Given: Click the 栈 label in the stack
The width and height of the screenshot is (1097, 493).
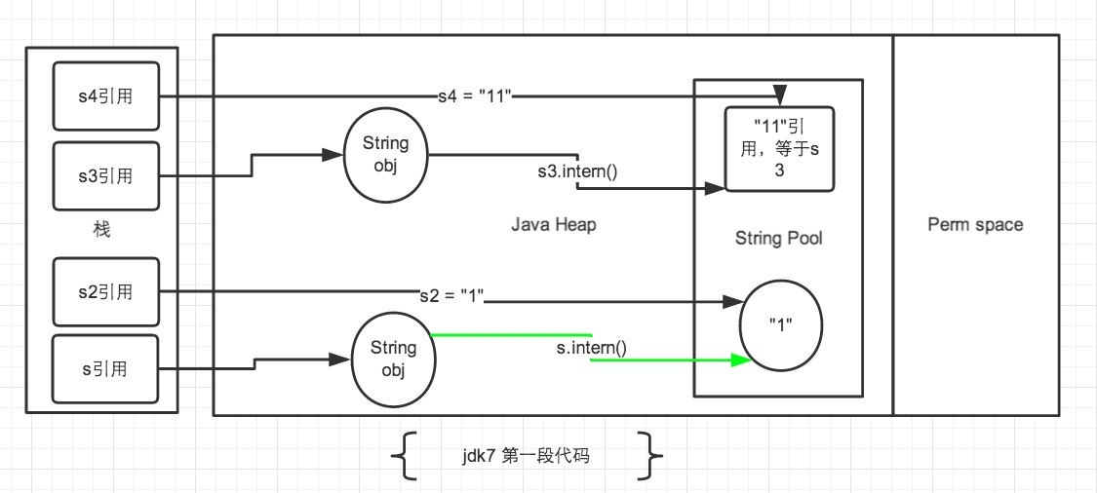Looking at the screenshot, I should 101,231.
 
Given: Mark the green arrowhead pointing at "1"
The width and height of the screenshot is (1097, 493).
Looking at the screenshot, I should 743,360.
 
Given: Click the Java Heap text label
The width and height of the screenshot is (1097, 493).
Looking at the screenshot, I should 553,225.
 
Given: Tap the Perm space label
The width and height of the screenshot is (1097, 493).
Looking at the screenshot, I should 975,225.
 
